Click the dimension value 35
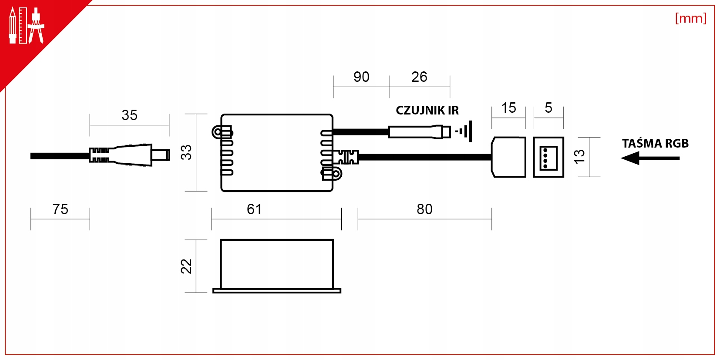(x=130, y=115)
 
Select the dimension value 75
(x=61, y=209)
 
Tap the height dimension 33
(x=186, y=152)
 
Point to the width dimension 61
(x=254, y=209)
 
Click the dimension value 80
(x=424, y=209)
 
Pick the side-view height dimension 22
(x=186, y=266)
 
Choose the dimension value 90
(x=361, y=77)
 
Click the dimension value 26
(x=419, y=77)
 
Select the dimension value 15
(x=508, y=108)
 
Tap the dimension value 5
(x=548, y=108)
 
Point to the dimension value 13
(x=579, y=157)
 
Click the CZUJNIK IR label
(x=427, y=110)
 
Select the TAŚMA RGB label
(x=655, y=143)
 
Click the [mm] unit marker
(x=691, y=18)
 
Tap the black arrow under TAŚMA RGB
(x=650, y=158)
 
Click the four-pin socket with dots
(x=548, y=157)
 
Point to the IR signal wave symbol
(x=464, y=131)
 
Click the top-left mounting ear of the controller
(x=222, y=132)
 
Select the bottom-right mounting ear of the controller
(x=332, y=174)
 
